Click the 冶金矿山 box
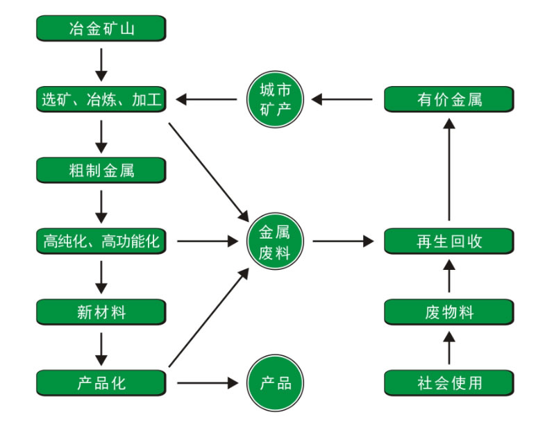click(101, 28)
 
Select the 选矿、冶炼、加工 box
click(101, 99)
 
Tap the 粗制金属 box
click(101, 170)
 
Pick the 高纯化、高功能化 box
click(101, 241)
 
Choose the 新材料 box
click(101, 312)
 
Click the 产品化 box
click(101, 383)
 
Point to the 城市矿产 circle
click(275, 99)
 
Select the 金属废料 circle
click(275, 241)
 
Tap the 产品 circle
click(275, 383)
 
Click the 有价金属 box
click(449, 99)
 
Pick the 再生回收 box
click(449, 241)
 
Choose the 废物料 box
click(449, 312)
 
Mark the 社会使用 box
click(449, 383)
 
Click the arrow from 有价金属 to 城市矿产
click(342, 99)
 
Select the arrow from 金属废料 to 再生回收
click(343, 241)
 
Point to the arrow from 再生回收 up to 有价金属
click(449, 169)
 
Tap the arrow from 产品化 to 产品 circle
click(208, 383)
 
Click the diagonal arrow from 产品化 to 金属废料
click(209, 317)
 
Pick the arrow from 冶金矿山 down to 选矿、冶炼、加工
click(101, 65)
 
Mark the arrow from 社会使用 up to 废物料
click(449, 348)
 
